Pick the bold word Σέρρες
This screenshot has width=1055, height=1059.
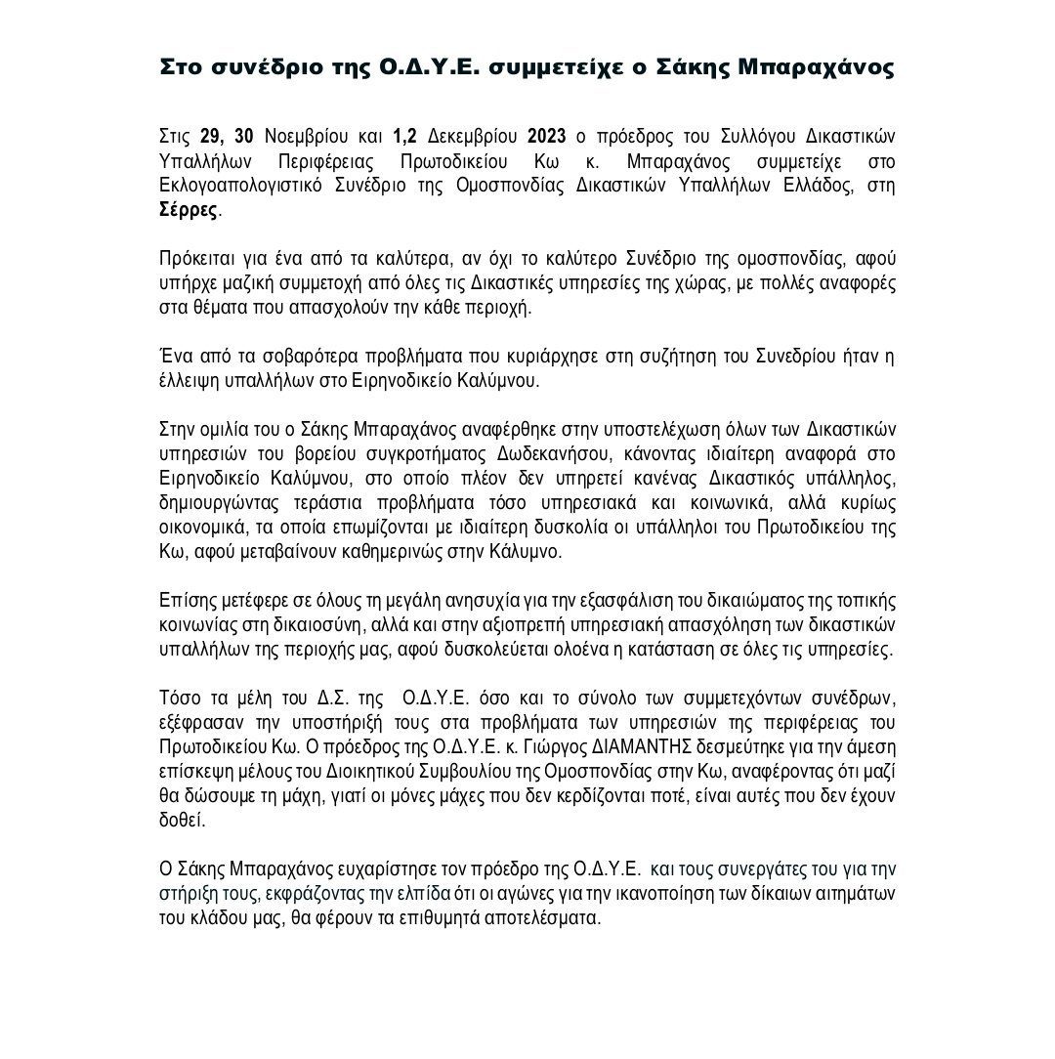(189, 209)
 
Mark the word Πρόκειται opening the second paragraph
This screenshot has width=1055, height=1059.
(195, 259)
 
